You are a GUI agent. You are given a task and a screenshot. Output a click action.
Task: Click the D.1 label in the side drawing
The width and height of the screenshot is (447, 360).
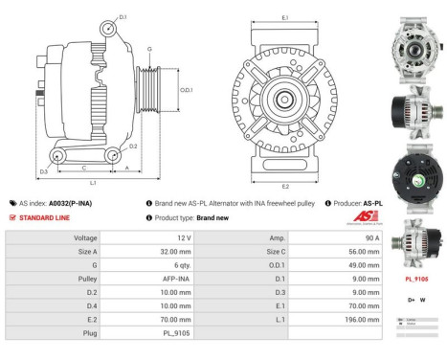123,17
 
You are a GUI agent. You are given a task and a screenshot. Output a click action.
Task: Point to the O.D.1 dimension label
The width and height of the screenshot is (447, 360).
187,90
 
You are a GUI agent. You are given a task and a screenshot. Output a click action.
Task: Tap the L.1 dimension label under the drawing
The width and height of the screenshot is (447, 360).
92,182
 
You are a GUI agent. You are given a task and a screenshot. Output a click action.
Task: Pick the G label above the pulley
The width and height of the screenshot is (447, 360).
149,48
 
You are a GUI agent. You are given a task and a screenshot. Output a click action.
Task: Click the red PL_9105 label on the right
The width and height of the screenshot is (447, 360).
416,279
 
